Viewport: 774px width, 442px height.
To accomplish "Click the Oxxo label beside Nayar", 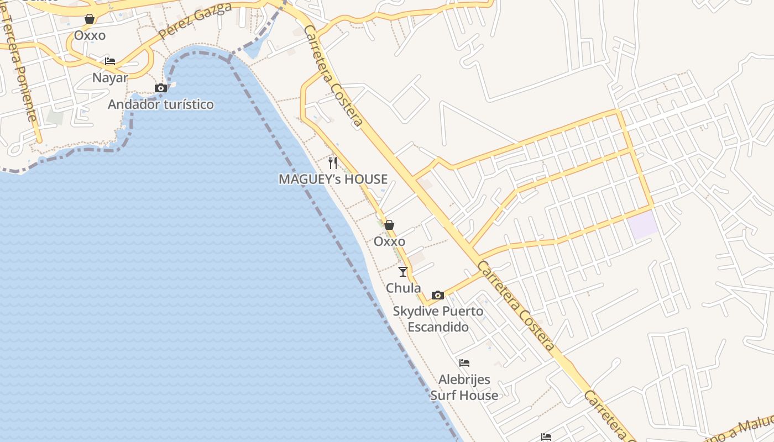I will tap(90, 35).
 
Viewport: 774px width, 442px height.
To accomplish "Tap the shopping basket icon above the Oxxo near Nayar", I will tap(90, 19).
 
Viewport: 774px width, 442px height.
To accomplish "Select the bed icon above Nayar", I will tap(110, 61).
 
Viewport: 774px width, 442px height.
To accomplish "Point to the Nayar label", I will tap(110, 78).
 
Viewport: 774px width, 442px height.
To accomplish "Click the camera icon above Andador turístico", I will tap(161, 88).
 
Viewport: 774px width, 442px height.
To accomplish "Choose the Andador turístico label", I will tap(161, 104).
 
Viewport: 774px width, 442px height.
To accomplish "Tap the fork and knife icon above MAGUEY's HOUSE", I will tap(333, 162).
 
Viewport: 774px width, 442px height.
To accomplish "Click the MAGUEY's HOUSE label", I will tap(333, 179).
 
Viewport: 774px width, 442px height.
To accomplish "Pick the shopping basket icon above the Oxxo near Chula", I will tap(389, 225).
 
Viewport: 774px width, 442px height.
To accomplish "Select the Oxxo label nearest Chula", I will tap(389, 241).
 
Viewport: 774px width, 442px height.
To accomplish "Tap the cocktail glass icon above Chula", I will tap(403, 271).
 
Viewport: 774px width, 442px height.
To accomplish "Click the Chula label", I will tap(403, 288).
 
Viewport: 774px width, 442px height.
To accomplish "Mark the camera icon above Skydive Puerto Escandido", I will tap(438, 295).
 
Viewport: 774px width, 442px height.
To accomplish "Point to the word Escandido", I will tap(438, 327).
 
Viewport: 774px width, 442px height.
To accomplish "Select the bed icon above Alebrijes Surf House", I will tap(464, 363).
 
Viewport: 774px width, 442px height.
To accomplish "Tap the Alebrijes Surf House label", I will tap(464, 387).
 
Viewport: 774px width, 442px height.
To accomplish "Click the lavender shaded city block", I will tap(643, 225).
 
